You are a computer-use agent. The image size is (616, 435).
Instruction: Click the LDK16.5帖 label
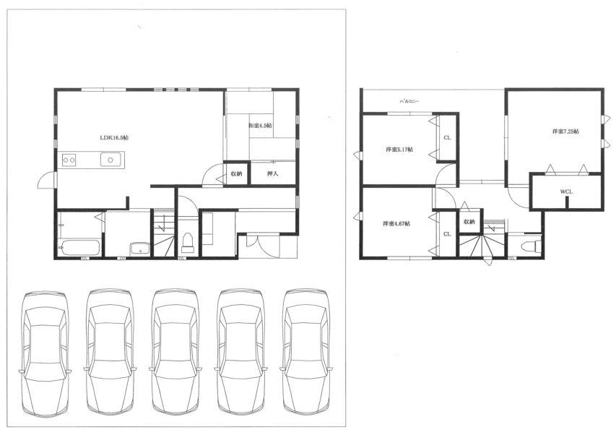pos(114,137)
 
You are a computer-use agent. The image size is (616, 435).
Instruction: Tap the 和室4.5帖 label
pos(260,126)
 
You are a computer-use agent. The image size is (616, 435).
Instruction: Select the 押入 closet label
pos(273,174)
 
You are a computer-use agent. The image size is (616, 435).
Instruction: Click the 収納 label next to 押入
pos(237,174)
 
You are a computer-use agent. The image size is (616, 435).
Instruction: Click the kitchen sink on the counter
pos(110,160)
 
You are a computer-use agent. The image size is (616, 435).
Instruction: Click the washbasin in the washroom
pos(139,249)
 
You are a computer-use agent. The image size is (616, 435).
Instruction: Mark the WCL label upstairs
pos(566,192)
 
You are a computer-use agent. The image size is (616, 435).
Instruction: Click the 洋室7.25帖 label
pos(565,132)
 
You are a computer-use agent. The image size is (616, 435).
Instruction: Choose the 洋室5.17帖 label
pos(399,150)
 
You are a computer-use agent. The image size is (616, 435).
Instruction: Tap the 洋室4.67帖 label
pos(396,224)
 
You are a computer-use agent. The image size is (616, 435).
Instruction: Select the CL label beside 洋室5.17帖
pos(447,137)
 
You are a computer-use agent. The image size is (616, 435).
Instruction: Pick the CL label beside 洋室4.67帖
pos(447,234)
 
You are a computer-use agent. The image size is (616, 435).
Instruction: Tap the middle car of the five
pos(175,352)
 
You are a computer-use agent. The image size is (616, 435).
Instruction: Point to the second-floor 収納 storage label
pos(469,222)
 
